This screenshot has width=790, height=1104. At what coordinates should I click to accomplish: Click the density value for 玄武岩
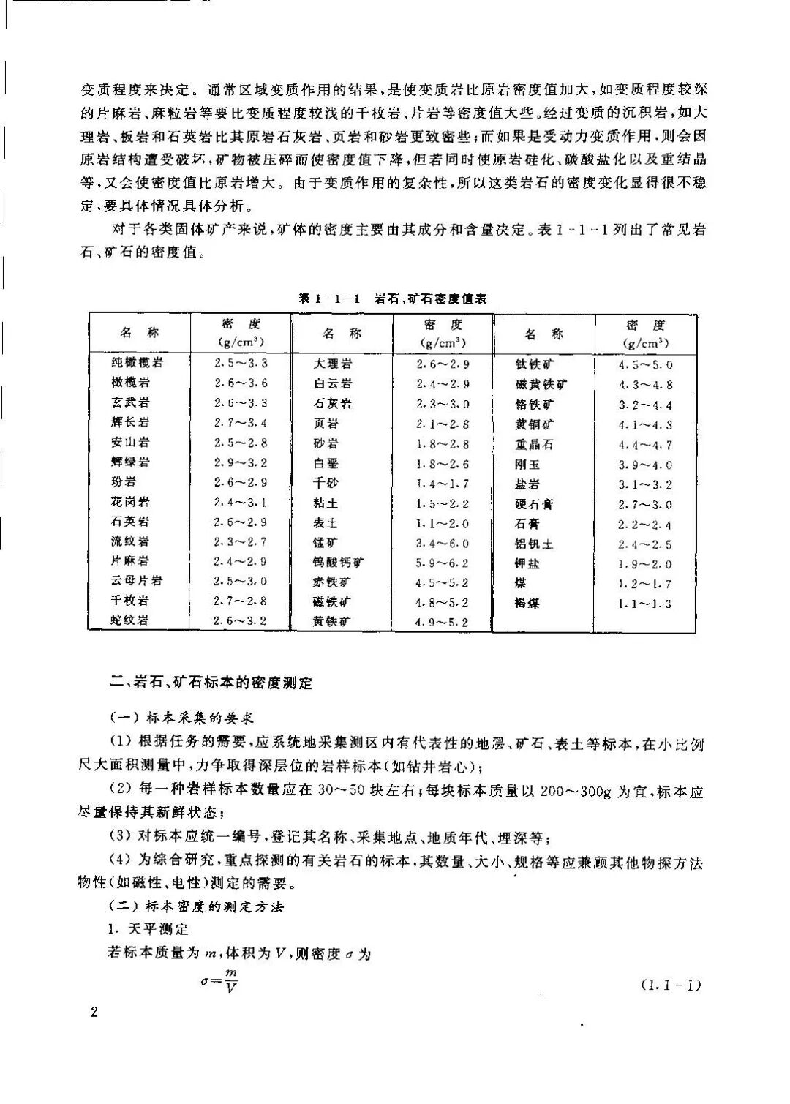[x=241, y=403]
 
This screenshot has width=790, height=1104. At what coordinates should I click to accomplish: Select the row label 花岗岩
[x=130, y=502]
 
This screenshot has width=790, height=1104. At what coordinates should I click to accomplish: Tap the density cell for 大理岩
[x=443, y=364]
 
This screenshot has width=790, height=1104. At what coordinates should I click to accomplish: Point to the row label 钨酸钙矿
[x=338, y=563]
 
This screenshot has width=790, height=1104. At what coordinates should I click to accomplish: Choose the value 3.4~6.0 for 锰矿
[x=443, y=544]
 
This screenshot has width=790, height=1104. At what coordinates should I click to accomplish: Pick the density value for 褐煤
[x=644, y=604]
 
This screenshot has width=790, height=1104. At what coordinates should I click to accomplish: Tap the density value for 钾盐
[x=644, y=564]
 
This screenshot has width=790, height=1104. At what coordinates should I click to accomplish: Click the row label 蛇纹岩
[x=130, y=620]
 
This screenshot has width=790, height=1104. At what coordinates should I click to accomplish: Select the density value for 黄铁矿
[x=442, y=623]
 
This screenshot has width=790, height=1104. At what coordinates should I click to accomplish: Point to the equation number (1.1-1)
[x=671, y=985]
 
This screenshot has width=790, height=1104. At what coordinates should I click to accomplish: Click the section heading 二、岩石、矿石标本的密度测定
[x=211, y=683]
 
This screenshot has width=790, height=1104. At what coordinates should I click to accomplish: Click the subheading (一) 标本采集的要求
[x=181, y=718]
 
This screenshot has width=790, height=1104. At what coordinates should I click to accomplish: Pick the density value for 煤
[x=644, y=584]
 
